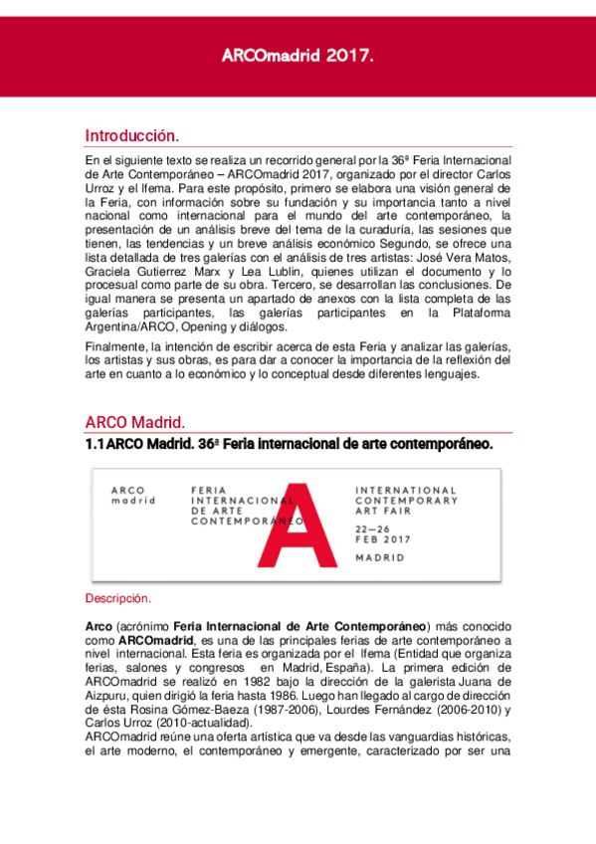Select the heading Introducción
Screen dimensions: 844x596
click(131, 135)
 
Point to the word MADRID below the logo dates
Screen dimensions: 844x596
click(380, 558)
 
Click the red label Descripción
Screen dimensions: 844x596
click(117, 599)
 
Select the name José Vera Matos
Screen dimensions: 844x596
click(462, 256)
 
